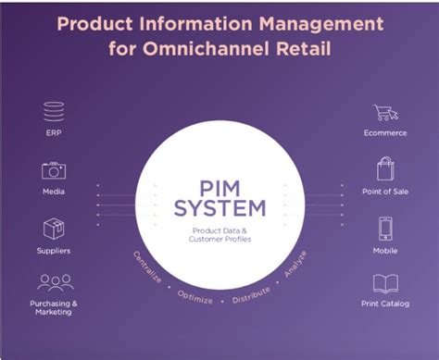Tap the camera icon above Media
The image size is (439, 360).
coord(54,170)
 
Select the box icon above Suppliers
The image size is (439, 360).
coord(54,228)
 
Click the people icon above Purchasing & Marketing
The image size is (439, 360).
coord(54,281)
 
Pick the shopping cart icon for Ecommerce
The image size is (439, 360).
coord(385,113)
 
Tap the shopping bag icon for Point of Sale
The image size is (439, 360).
coord(385,169)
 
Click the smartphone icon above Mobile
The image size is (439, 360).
coord(385,228)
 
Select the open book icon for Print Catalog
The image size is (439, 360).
coord(385,282)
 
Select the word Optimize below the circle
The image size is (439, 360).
coord(195,299)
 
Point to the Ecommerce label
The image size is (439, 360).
coord(385,133)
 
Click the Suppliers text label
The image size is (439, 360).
coord(54,250)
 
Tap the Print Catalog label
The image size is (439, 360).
coord(385,304)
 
